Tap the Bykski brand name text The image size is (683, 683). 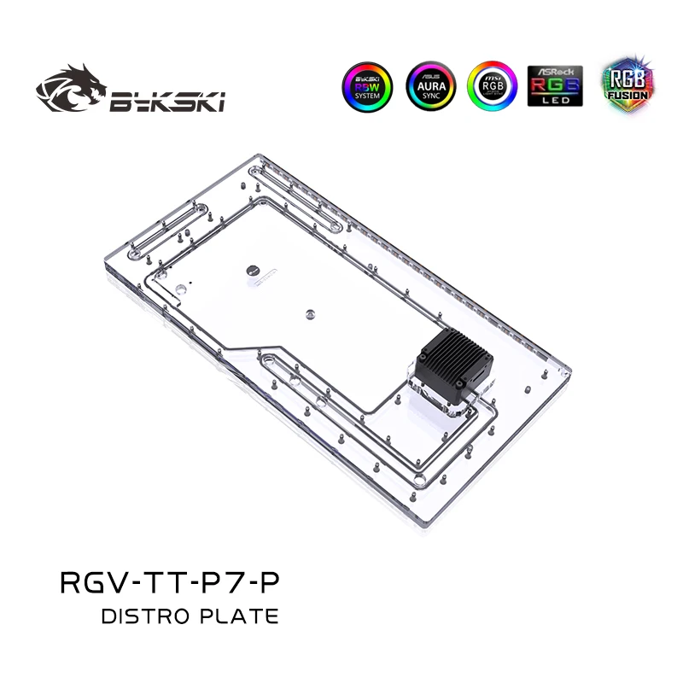point(166,103)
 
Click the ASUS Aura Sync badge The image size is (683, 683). point(431,86)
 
